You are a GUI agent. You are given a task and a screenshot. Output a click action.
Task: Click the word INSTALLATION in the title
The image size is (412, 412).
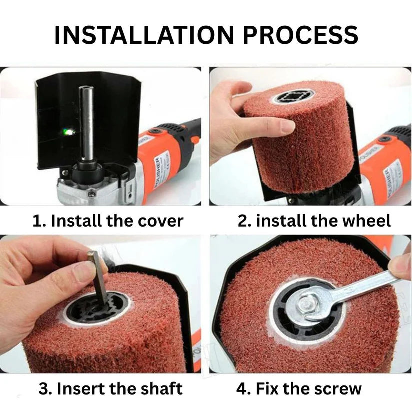click(144, 35)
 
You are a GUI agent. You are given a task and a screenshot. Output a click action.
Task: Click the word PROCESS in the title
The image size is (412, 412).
click(300, 35)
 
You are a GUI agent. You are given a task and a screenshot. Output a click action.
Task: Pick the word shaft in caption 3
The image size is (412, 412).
click(161, 388)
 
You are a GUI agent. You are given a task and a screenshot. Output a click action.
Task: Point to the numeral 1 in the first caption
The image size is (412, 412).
click(36, 221)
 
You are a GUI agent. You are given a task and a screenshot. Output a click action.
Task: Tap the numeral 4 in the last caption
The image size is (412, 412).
click(241, 389)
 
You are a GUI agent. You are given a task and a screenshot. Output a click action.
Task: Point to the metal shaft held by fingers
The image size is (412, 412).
click(98, 278)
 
